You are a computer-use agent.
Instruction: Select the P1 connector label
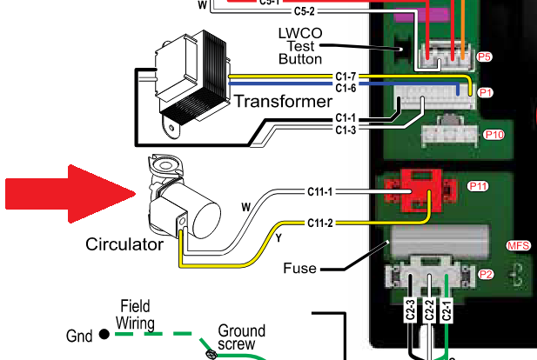tap(487, 91)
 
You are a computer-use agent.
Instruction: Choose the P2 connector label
tap(487, 275)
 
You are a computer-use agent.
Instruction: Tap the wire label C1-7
tap(346, 78)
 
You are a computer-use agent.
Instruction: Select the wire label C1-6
tap(346, 89)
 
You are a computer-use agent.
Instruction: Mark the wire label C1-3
tap(346, 130)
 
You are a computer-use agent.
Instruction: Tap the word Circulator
tap(124, 244)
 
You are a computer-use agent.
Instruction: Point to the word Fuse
tap(300, 269)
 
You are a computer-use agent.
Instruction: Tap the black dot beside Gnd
tap(104, 334)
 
